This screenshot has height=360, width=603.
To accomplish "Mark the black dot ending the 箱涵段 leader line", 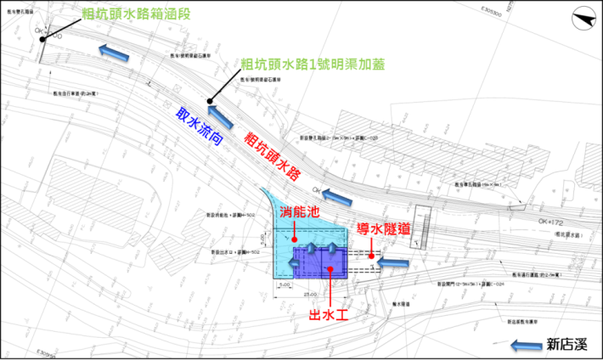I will pos(41,40).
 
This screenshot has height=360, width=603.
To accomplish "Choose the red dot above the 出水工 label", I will pos(330,269).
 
